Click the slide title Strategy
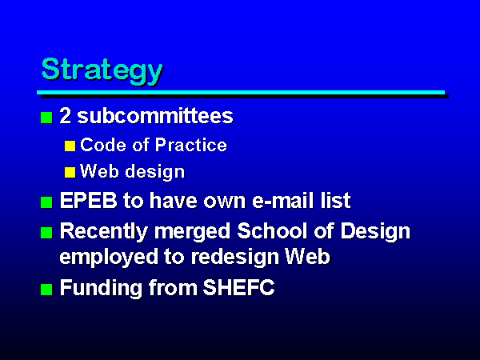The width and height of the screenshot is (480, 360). click(x=102, y=71)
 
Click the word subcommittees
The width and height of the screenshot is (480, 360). click(x=155, y=116)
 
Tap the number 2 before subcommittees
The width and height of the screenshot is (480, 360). click(x=66, y=116)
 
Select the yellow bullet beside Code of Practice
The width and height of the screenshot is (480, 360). click(x=70, y=146)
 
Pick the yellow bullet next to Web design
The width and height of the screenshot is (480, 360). click(x=70, y=172)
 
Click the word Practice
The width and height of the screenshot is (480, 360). click(x=191, y=145)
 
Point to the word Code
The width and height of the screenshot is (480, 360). click(x=103, y=145)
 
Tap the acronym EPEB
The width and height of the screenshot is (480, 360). click(x=89, y=201)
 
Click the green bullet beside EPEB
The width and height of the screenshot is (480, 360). click(x=46, y=202)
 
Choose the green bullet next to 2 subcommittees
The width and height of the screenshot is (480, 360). click(x=46, y=118)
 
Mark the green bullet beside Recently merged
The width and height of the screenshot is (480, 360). click(x=46, y=233)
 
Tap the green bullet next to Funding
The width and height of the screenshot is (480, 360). click(x=46, y=290)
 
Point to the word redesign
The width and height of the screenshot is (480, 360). click(x=235, y=257)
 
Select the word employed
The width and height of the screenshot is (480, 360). click(x=109, y=258)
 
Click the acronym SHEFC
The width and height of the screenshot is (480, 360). click(x=238, y=287)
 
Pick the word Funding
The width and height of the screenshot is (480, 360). click(x=102, y=288)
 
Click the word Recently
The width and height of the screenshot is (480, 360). click(x=104, y=232)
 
